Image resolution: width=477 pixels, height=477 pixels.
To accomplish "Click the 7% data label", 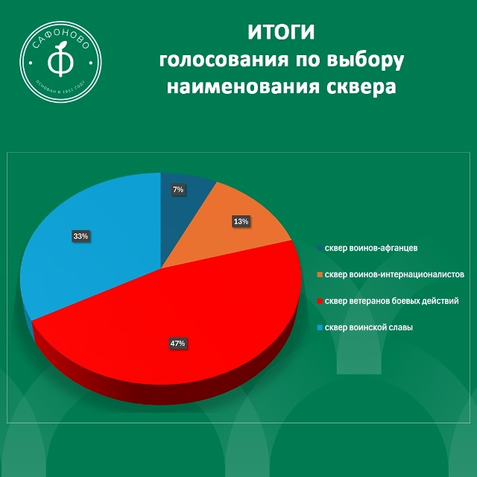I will (178, 190).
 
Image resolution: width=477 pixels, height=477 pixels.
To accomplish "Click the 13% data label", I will (241, 221).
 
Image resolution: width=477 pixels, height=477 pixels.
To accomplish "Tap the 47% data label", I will (177, 344).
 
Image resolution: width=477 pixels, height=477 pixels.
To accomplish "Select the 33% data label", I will (80, 236).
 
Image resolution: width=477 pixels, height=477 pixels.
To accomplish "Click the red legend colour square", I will (320, 302).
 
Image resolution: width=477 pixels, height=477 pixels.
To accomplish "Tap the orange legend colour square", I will (320, 275).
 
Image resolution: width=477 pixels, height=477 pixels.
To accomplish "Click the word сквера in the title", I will (362, 86).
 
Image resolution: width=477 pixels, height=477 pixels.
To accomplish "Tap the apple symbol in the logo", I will (59, 58).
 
